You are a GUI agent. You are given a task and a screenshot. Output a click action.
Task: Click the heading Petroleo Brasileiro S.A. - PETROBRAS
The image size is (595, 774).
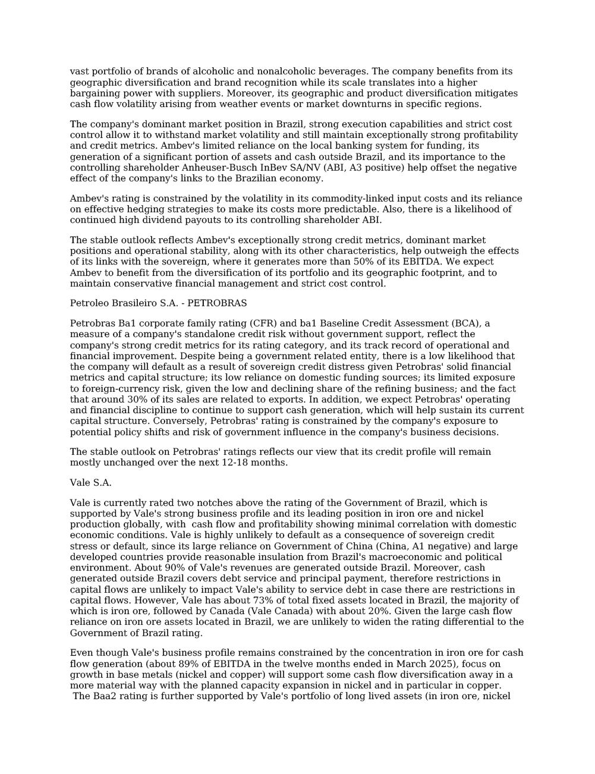(158, 303)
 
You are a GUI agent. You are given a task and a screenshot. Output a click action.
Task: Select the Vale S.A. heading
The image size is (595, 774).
(90, 483)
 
